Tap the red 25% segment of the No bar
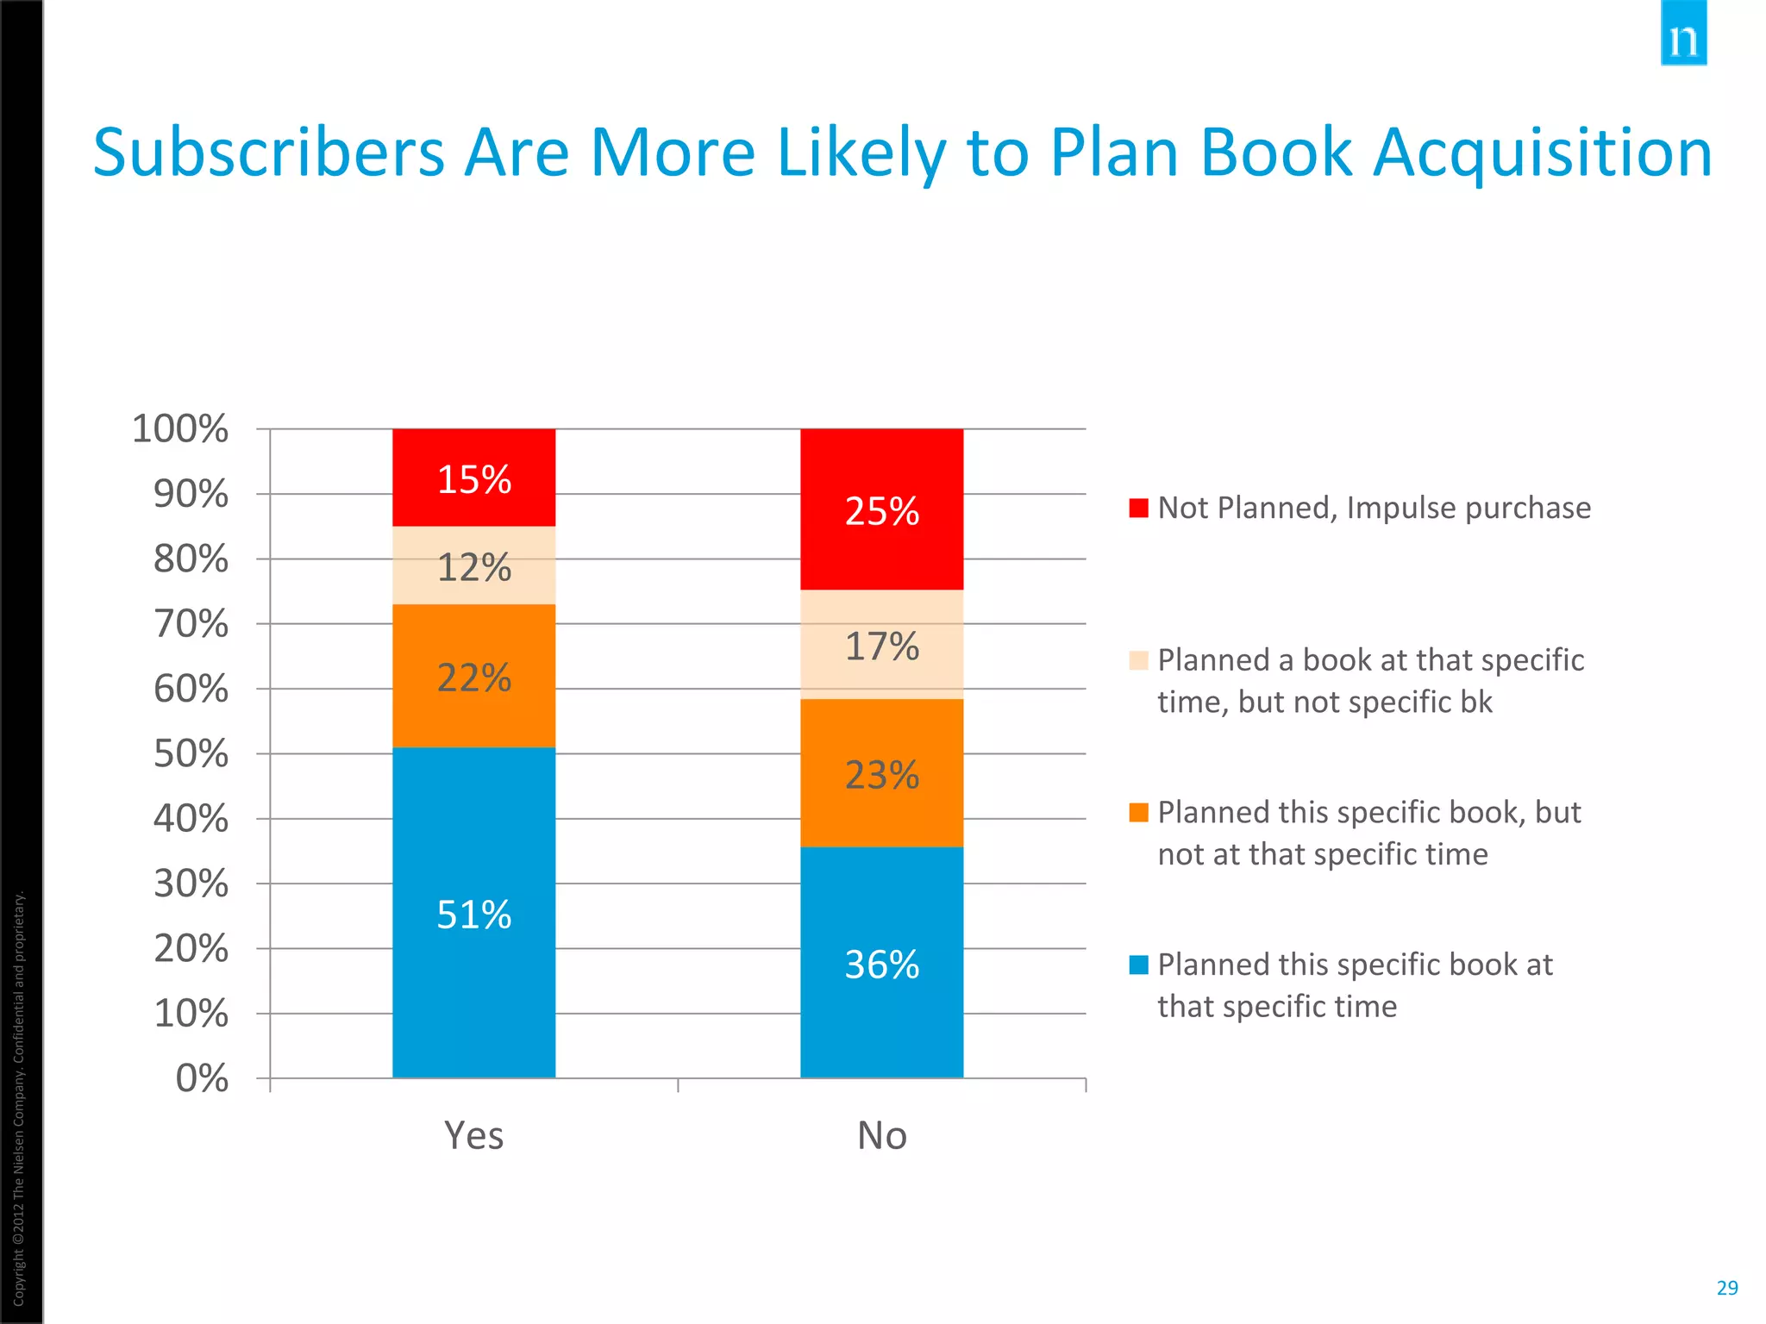[881, 509]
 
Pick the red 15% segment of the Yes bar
[473, 478]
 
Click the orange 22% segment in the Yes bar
[473, 676]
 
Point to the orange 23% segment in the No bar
[881, 773]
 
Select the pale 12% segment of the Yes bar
[473, 565]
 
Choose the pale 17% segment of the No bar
[881, 645]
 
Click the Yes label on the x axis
[473, 1135]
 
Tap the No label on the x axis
[881, 1135]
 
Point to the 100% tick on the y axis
[180, 428]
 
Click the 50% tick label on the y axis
[191, 753]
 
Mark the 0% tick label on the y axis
[202, 1077]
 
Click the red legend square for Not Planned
[1138, 508]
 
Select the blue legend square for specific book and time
[1138, 965]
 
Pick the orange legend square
[1138, 812]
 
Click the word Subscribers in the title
[268, 153]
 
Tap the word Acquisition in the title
[1541, 153]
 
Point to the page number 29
[1726, 1288]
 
